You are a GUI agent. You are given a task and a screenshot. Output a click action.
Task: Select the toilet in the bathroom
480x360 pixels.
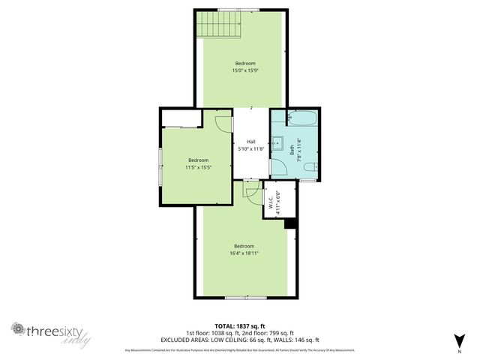click(313, 166)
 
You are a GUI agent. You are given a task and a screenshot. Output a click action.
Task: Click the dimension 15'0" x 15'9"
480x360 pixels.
click(245, 71)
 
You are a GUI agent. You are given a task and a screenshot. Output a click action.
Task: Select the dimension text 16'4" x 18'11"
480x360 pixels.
click(244, 253)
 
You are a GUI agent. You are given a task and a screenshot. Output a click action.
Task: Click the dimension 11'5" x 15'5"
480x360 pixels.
click(198, 167)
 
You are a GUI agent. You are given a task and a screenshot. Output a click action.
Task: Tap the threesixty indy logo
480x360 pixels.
click(50, 331)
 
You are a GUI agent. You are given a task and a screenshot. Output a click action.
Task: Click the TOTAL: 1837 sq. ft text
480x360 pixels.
click(240, 325)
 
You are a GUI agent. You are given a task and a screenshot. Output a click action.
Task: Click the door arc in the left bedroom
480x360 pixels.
click(223, 124)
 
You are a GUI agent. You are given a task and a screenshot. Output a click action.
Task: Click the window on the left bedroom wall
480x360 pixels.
click(159, 163)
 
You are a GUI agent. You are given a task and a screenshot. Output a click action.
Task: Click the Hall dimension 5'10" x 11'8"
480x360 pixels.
click(251, 149)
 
